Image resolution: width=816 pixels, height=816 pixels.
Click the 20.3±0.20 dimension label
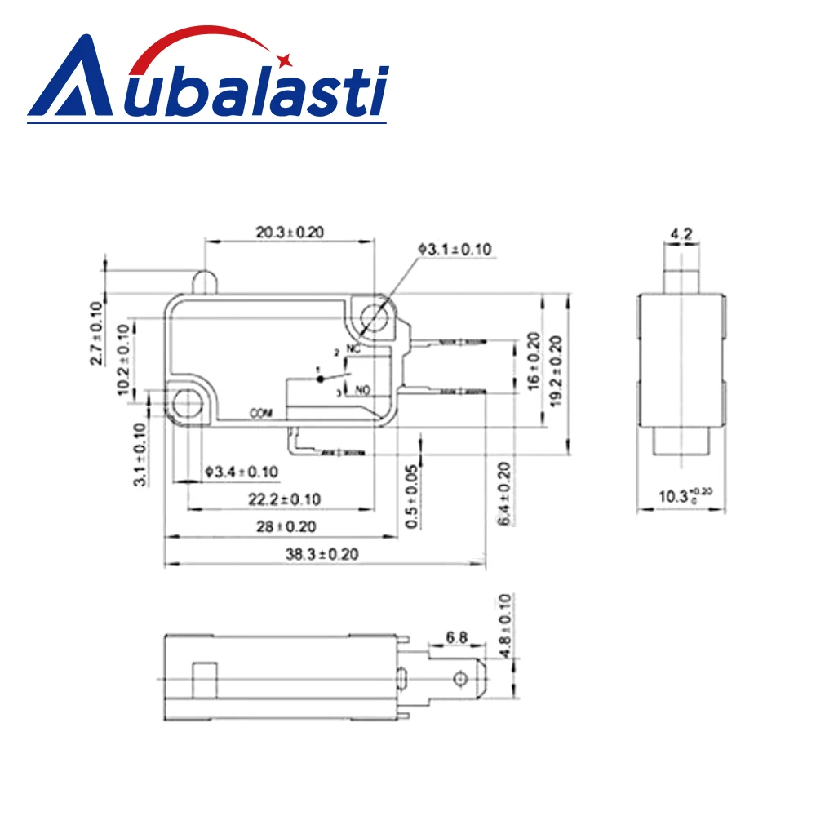pos(290,233)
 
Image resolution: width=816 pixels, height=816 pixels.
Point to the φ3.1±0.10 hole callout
pos(455,250)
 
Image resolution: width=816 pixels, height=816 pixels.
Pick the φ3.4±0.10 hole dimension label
pos(241,471)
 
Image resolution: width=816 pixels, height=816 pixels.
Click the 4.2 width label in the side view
pos(681,235)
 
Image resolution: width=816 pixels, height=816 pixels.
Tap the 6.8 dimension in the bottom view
pos(457,636)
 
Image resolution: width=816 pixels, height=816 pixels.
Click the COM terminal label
pos(260,413)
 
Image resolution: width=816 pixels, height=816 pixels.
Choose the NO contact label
pos(361,391)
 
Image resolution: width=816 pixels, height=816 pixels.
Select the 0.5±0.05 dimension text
pos(413,495)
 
